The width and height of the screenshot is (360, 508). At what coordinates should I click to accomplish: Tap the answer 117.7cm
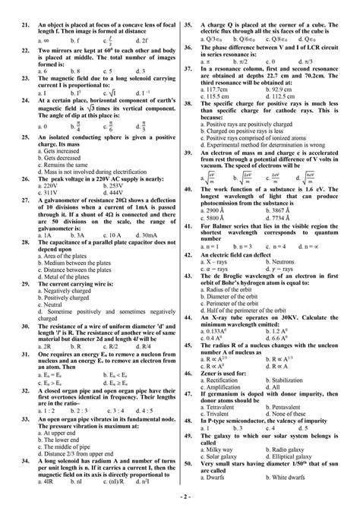coord(219,90)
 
